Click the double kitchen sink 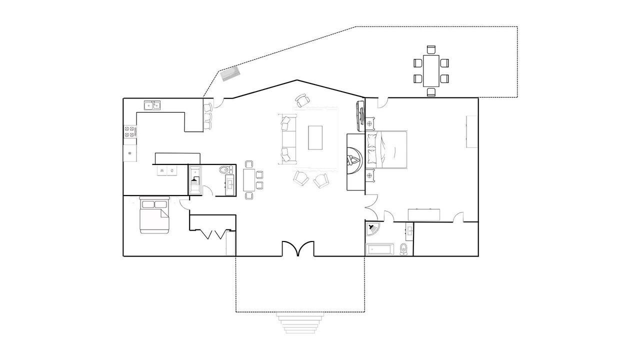(152, 105)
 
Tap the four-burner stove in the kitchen (129, 131)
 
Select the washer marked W (162, 170)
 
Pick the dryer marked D (172, 170)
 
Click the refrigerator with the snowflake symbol (130, 153)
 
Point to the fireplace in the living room (355, 161)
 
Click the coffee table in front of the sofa (315, 137)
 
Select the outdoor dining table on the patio (431, 71)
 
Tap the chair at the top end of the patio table (431, 49)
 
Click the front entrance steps (300, 323)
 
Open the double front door (298, 249)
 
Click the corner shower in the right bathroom (373, 228)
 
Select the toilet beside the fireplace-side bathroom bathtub (403, 249)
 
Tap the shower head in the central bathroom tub (195, 180)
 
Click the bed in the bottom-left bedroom (154, 215)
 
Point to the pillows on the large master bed (372, 148)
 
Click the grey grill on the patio (230, 74)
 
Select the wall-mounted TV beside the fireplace (360, 115)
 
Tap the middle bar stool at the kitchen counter (207, 116)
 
